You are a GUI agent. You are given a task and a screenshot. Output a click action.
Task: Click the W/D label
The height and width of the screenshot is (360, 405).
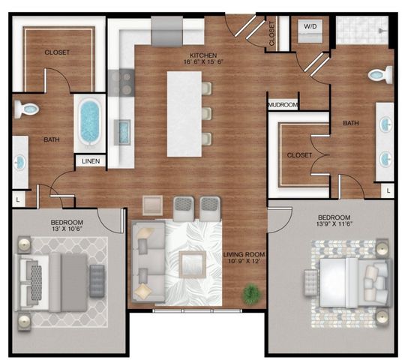pos(309,26)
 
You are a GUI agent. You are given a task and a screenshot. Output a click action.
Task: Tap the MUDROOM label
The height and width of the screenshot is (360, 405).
pos(283,105)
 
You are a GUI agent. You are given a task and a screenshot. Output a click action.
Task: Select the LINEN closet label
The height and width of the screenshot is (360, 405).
pos(90,160)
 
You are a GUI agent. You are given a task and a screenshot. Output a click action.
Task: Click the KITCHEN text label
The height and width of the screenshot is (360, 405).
pos(202,55)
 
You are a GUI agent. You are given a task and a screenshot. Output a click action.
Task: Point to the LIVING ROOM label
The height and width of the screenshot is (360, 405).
pos(244,255)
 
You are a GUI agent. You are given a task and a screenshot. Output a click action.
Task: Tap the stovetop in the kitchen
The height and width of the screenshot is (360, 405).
pos(120,82)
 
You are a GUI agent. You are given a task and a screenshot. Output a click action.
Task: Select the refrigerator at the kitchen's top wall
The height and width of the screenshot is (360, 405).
pos(167,31)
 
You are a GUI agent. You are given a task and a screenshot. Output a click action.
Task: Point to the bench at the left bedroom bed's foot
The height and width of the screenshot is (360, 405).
pos(97,275)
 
